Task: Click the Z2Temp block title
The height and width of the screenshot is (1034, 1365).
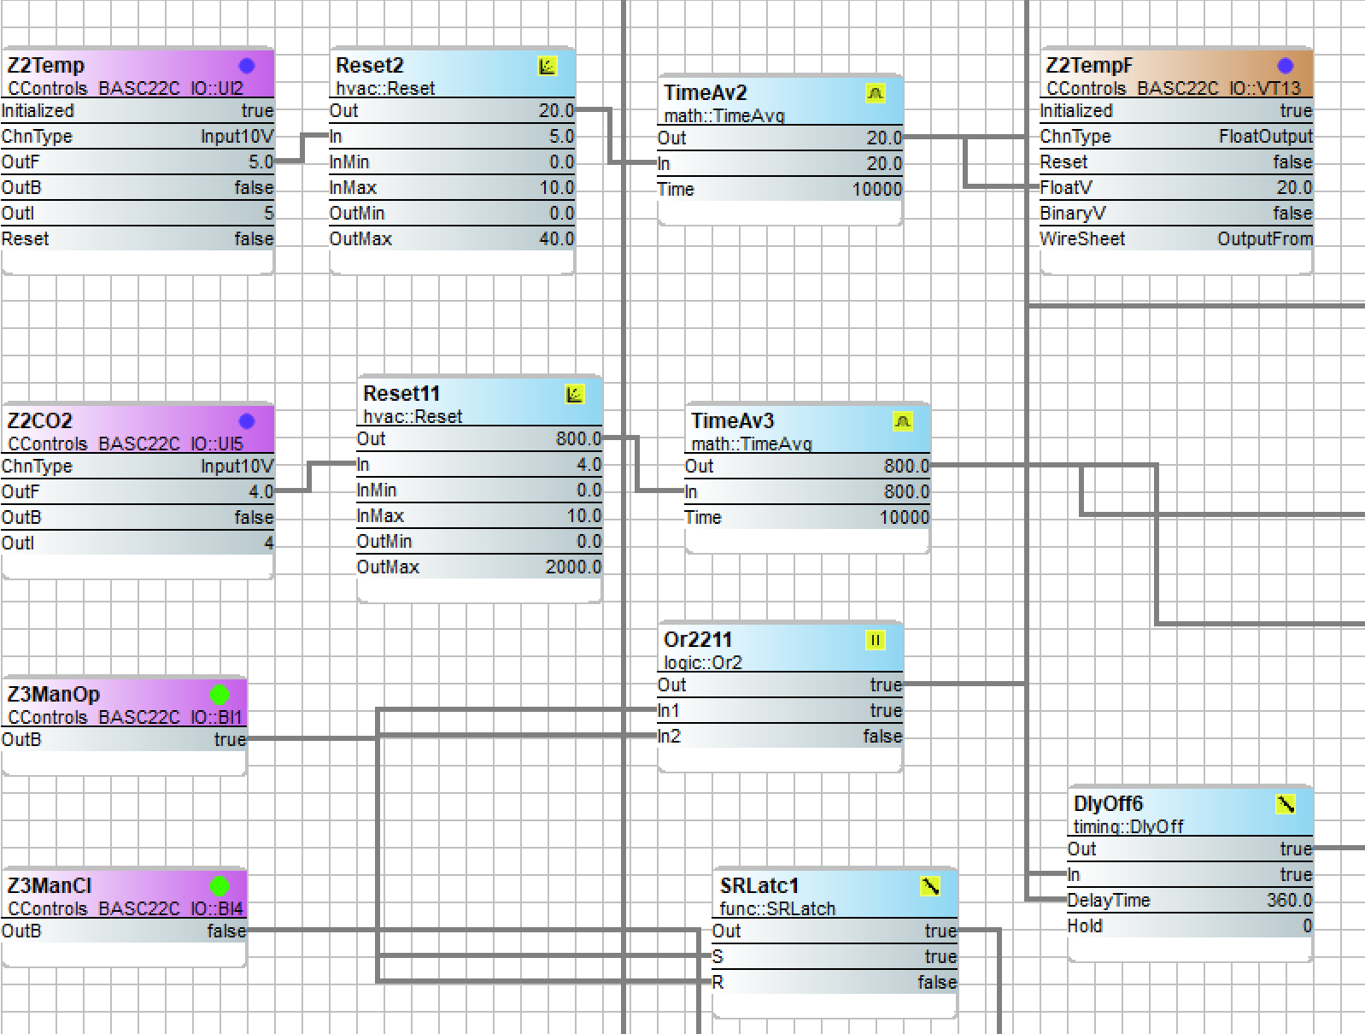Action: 46,66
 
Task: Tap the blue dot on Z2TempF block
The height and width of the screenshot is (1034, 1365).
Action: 1285,66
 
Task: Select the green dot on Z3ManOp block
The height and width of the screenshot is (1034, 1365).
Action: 220,695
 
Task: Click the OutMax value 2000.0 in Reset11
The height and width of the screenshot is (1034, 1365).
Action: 573,567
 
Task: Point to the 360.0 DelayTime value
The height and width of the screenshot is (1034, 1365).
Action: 1289,901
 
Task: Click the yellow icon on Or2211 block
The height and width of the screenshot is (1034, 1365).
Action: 875,640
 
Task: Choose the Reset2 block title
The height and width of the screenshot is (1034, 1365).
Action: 369,66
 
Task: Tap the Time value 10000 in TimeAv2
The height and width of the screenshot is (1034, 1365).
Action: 876,190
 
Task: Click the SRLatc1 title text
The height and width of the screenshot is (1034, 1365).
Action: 759,886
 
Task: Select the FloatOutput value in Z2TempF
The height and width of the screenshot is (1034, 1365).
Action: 1265,137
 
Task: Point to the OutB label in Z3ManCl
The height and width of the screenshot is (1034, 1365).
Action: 21,931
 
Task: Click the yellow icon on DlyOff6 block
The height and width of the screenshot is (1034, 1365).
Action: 1286,804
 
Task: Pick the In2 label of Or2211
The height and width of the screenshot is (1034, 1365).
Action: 670,737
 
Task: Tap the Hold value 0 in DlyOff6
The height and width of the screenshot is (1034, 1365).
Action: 1307,926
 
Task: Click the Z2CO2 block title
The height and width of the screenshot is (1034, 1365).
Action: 40,421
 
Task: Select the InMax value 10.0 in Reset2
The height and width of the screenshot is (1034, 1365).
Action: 556,188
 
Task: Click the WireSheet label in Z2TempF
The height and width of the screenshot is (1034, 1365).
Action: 1082,239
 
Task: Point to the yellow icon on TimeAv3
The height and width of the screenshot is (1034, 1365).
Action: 903,421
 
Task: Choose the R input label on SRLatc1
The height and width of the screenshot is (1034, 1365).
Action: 718,983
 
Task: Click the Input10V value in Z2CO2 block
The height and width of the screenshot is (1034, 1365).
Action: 237,467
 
